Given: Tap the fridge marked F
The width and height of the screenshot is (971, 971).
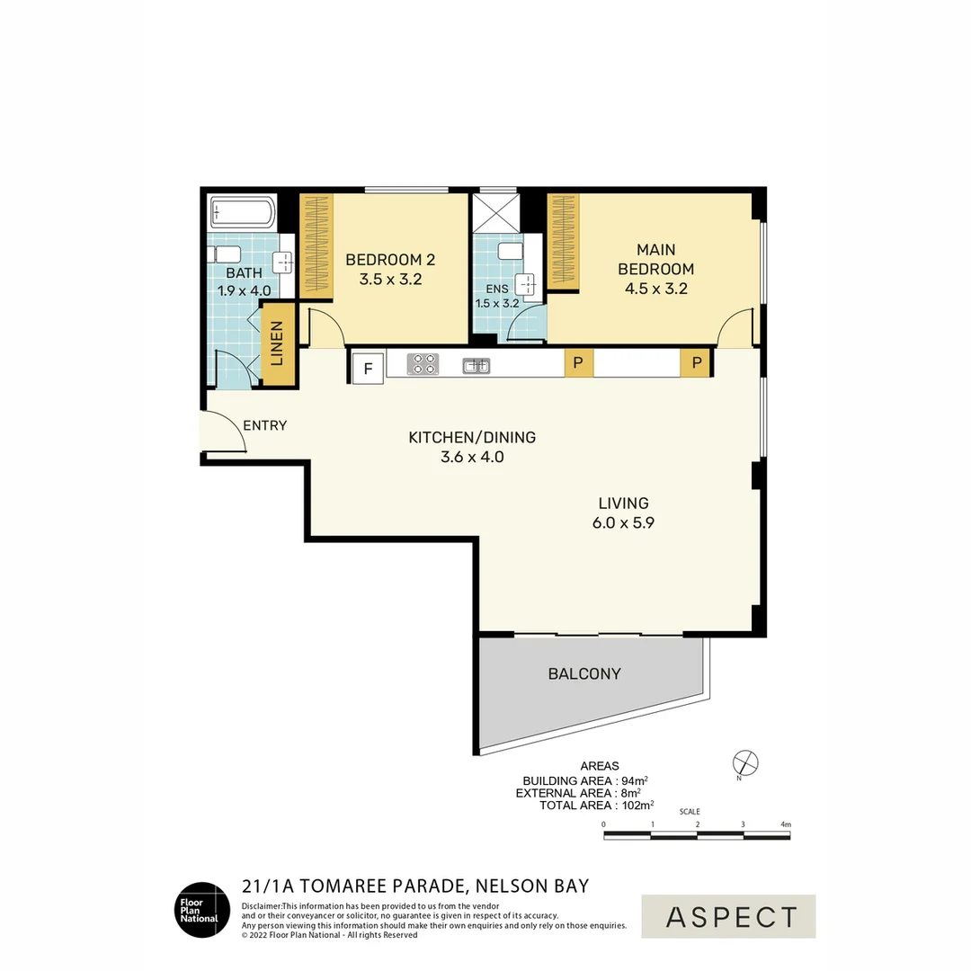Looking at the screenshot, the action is click(368, 369).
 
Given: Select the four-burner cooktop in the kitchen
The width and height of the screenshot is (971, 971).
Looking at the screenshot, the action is click(423, 364).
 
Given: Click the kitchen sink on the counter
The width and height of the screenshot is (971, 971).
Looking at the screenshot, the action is click(477, 365).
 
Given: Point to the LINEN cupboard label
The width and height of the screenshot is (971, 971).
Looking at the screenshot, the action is click(277, 343).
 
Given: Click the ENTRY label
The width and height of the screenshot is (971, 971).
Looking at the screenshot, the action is click(265, 425).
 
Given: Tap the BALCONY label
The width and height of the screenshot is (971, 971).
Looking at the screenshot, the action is click(584, 673).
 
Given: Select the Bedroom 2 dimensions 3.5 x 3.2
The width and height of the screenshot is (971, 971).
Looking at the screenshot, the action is click(391, 280).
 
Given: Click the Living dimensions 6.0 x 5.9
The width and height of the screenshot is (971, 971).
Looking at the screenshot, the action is click(624, 522).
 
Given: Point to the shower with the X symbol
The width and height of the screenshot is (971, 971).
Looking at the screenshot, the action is click(496, 213).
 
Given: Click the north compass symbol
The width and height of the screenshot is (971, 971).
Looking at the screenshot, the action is click(745, 763).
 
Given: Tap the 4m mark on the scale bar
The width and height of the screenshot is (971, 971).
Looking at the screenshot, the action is click(786, 824).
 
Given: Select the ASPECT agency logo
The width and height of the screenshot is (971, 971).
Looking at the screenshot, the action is click(728, 916).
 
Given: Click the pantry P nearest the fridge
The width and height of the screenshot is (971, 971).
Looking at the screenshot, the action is click(578, 363).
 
